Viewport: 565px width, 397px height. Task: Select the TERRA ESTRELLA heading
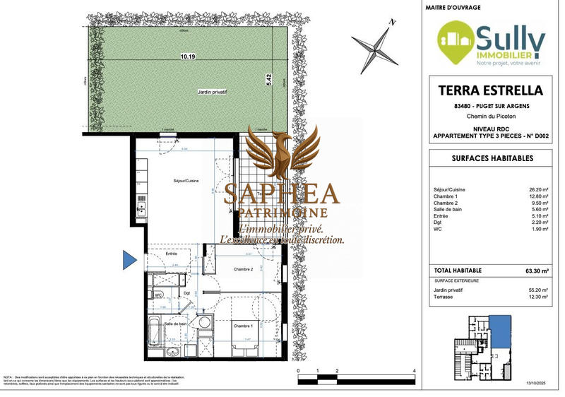492,90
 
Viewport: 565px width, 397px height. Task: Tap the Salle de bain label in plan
176,324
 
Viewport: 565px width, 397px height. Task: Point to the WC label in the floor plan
160,295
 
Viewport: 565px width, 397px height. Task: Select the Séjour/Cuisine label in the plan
186,181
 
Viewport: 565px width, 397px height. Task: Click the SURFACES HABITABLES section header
492,159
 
